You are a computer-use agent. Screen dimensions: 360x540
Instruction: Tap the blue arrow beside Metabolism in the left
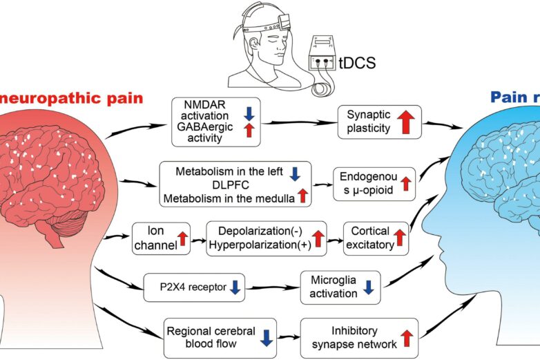coord(295,173)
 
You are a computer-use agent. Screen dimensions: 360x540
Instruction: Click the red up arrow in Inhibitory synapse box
coord(407,337)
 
